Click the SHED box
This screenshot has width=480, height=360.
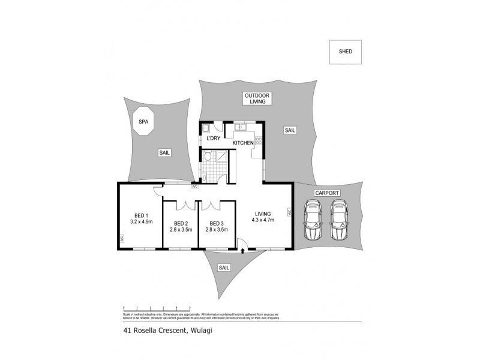345,52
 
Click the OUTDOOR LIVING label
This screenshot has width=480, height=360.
257,98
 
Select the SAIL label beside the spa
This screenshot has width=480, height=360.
164,153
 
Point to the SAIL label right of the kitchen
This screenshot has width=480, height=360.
290,130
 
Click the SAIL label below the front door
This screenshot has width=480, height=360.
224,268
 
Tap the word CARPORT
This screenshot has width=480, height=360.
328,193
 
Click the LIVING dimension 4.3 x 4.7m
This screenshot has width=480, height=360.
263,220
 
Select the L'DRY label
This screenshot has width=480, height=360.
212,139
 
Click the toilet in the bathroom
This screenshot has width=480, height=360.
208,157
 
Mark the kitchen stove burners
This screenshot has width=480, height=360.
259,142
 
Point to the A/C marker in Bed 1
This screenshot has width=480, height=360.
121,238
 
